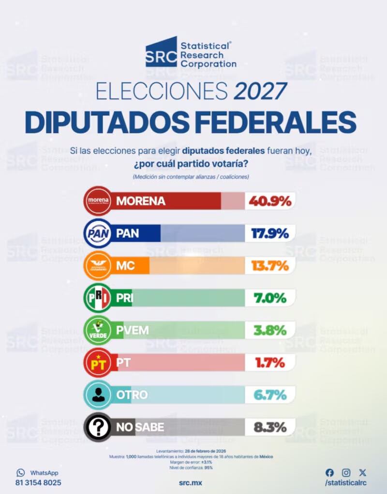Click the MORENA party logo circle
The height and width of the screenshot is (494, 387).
pos(98,201)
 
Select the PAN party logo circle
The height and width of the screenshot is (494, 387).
pos(98,234)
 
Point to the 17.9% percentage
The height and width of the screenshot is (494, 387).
pos(270,234)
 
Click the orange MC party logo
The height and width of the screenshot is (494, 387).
pos(98,266)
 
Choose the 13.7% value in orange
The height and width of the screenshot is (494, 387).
pos(270,266)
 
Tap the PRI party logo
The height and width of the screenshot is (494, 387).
pos(98,299)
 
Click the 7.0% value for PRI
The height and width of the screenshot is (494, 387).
pos(270,299)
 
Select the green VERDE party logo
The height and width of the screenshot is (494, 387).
pos(98,331)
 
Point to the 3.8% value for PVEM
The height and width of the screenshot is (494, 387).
pos(270,331)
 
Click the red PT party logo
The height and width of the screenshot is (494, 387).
pos(98,363)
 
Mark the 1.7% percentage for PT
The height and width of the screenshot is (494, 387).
pos(270,363)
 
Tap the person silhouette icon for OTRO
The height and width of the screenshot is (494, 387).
pos(98,395)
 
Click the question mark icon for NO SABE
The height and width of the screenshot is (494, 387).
pos(98,428)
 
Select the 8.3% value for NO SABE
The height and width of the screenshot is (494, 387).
pos(270,428)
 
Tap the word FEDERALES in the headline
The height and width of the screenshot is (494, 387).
pos(277,123)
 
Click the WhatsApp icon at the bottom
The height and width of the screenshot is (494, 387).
pos(20,472)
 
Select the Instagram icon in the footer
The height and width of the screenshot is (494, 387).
pos(346,472)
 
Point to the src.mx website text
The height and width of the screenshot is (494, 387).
pos(190,483)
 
